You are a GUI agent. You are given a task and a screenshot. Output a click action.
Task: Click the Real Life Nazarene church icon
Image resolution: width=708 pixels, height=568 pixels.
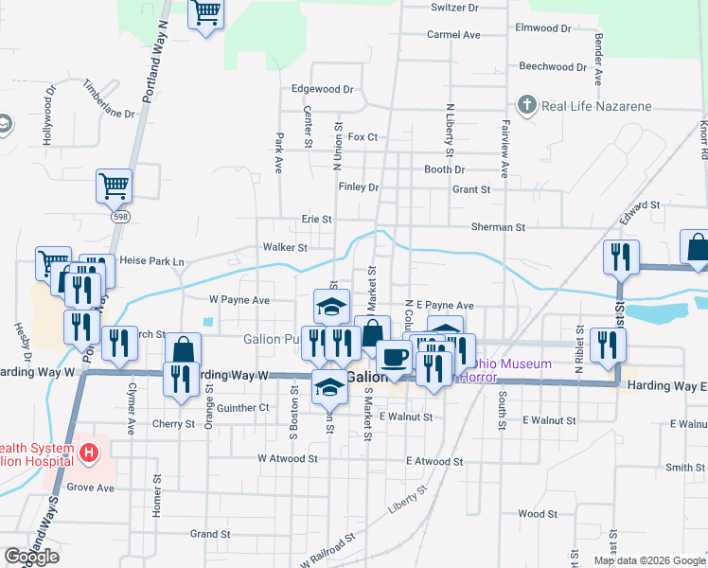coord(527,106)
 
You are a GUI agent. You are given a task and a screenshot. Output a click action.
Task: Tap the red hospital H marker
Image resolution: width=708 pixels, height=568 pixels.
coord(88,453)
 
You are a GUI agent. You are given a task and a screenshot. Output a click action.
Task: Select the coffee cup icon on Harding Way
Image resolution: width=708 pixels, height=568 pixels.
coord(394,357)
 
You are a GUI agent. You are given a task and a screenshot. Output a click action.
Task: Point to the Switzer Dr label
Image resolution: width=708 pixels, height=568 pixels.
coord(455,8)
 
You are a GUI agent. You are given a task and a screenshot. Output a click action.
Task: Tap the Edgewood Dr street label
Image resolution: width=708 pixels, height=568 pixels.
coord(322,89)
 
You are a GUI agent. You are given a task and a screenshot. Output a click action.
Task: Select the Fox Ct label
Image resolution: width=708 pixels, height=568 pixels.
coord(363,137)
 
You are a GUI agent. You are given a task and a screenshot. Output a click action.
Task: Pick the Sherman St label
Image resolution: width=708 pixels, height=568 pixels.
coord(498,228)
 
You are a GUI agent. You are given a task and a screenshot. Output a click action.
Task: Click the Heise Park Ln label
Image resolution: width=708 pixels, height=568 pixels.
coord(151,261)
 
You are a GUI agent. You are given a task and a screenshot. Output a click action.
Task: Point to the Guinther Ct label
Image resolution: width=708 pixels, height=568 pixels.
coord(243,408)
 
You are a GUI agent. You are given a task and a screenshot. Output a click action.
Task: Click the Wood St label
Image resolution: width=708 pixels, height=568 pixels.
coord(538,514)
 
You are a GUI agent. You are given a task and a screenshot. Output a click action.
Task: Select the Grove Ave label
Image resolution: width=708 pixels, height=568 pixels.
coord(90,488)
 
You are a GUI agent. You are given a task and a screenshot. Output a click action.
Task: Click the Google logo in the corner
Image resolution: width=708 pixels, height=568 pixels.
coord(31,557)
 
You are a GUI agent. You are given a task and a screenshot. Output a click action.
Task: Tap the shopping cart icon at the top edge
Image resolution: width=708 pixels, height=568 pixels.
coord(205,14)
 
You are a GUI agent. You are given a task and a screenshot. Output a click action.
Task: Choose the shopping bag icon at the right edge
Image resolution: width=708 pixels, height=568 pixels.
coord(697,246)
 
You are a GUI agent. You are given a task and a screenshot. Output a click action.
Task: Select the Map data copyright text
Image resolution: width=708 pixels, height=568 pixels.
coord(649,560)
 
